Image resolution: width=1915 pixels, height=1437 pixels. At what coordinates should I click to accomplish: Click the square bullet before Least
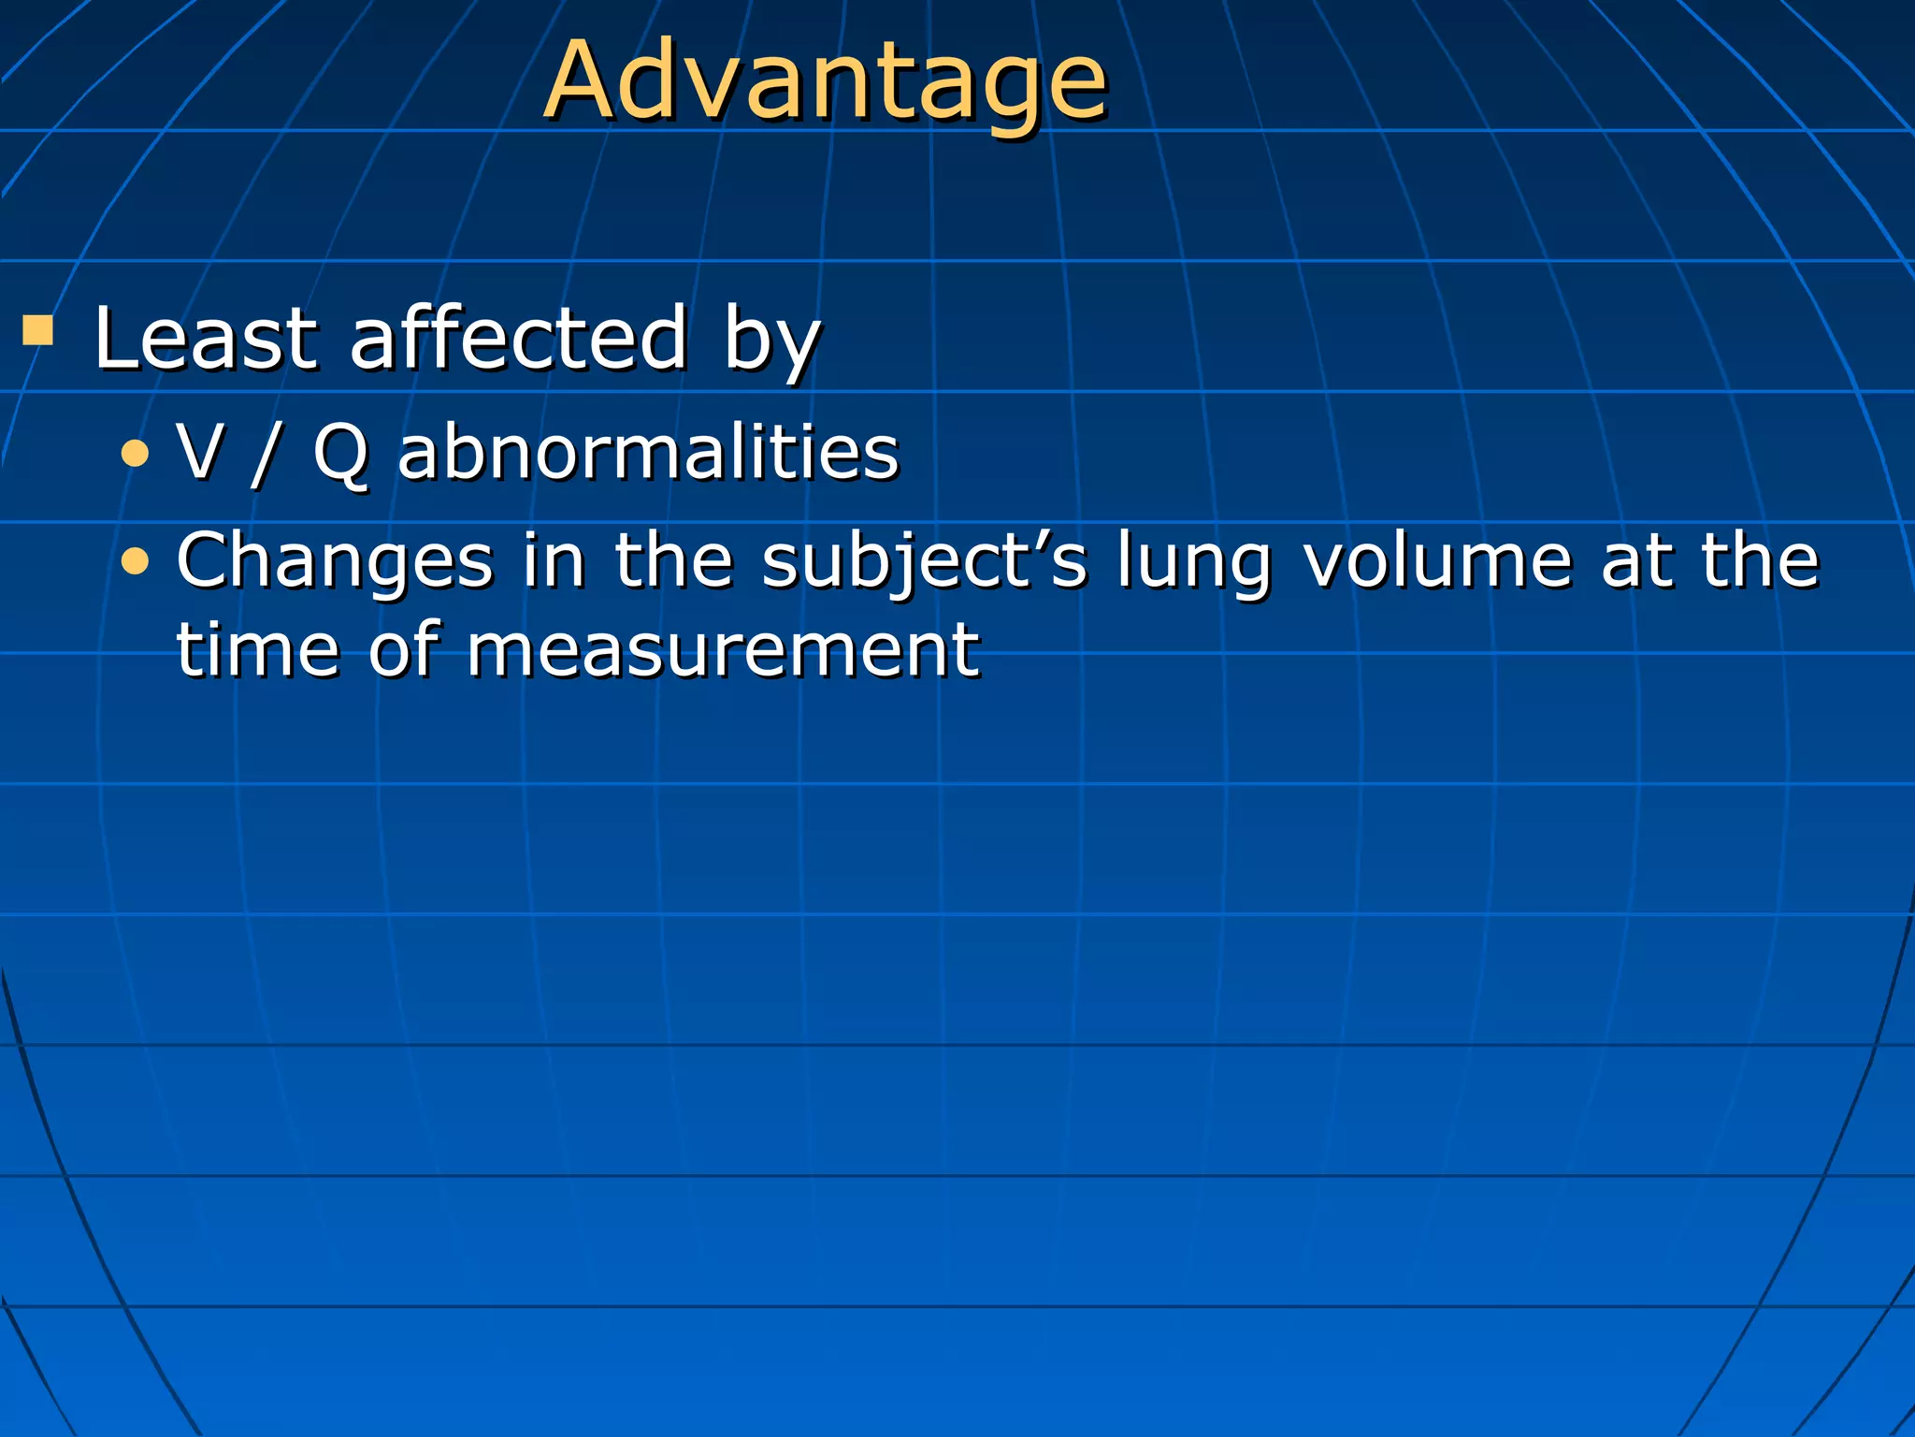[x=38, y=329]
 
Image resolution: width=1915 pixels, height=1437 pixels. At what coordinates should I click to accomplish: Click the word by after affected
[x=771, y=341]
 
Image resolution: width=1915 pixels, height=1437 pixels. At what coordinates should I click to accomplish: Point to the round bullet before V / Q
[x=136, y=455]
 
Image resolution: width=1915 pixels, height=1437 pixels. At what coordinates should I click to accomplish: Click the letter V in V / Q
[x=200, y=452]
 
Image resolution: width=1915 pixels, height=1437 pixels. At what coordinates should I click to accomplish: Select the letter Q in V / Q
[x=339, y=454]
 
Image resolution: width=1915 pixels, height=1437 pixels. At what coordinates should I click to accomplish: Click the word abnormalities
[x=648, y=452]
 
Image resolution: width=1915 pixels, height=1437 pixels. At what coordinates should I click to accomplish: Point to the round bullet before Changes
[x=136, y=561]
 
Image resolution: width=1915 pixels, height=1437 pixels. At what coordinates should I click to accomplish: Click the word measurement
[x=723, y=649]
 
